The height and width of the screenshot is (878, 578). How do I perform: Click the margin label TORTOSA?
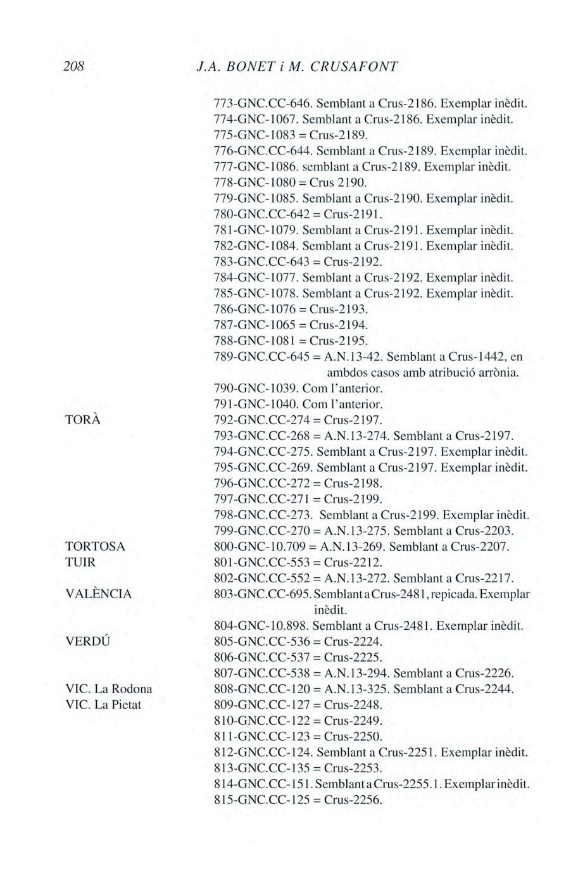click(96, 546)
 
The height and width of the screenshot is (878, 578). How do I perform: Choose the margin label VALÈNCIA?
click(99, 594)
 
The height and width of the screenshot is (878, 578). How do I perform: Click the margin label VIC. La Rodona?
click(109, 689)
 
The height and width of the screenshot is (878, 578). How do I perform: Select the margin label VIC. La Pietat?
click(104, 705)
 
